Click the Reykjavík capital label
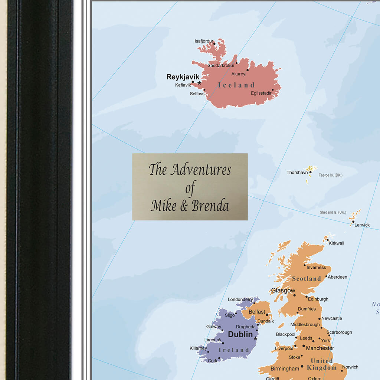click(183, 77)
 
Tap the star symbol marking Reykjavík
click(199, 83)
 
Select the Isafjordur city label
click(204, 41)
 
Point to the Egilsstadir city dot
click(273, 90)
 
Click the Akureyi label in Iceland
click(239, 74)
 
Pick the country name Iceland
click(236, 85)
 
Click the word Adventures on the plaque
click(200, 170)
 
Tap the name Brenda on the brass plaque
click(210, 206)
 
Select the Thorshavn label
click(297, 173)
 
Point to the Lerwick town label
click(362, 225)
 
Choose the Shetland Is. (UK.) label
click(333, 212)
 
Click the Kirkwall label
click(336, 243)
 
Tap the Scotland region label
click(306, 279)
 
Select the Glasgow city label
click(283, 291)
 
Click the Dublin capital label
click(240, 334)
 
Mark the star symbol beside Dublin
click(255, 338)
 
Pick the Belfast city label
click(257, 312)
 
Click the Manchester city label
click(320, 348)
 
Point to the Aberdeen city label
click(338, 277)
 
